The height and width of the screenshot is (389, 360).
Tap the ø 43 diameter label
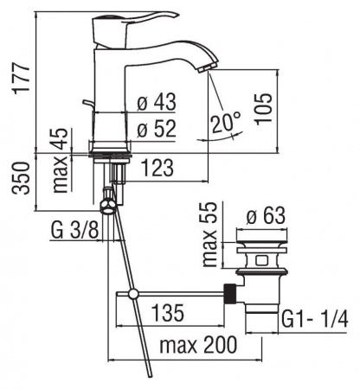157,102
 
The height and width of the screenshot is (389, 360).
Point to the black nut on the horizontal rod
230,291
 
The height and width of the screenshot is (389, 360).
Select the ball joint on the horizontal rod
133,294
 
